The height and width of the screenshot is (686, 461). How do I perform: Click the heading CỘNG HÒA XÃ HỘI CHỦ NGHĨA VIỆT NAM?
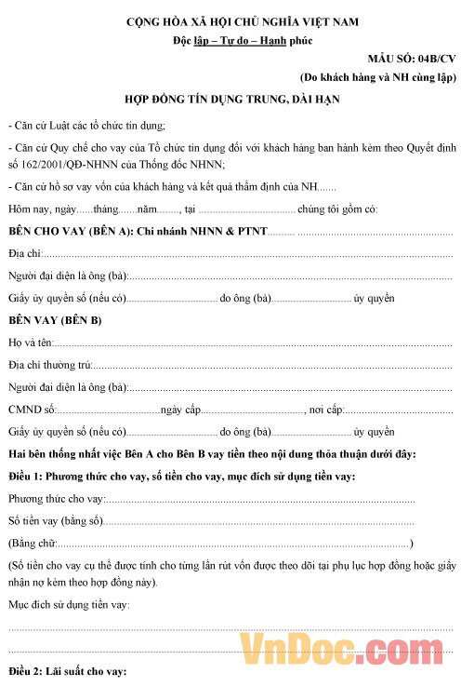coord(229,20)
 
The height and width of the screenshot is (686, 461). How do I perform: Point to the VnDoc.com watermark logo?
coord(346,648)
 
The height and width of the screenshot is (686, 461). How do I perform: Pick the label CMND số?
coord(32,410)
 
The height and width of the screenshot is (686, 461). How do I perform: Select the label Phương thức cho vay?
coord(55,499)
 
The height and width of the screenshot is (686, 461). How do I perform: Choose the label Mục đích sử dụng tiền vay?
coord(69,606)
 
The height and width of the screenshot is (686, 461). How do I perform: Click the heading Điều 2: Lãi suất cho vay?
coord(67,672)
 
